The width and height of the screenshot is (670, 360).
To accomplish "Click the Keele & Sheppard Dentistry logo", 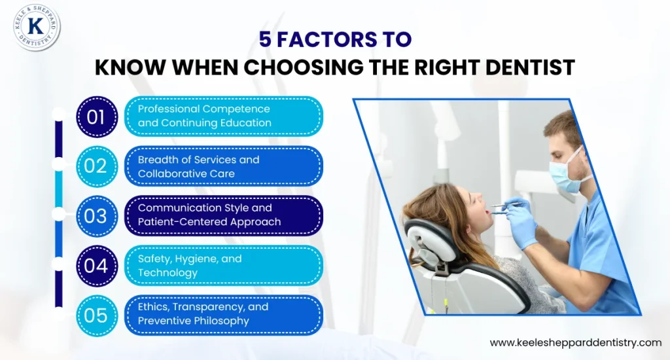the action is [x=37, y=27].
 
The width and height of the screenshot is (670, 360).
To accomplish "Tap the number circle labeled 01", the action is [x=97, y=117].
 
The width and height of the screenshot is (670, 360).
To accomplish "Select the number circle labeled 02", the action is [x=97, y=166].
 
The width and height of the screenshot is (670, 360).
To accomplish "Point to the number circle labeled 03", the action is [x=97, y=217].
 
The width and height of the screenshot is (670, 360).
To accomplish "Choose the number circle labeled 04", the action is [x=97, y=266].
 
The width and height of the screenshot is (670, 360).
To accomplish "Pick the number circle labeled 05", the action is [x=97, y=315].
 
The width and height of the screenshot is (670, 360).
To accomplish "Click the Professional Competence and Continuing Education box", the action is [x=224, y=117].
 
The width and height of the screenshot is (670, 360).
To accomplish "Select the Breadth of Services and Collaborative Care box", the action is [x=224, y=166].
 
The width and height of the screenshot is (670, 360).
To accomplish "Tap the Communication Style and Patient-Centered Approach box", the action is [x=224, y=216].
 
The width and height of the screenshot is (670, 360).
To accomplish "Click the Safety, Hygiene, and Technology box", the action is [x=224, y=266].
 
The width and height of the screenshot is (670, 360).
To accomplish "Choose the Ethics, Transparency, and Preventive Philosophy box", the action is [x=224, y=315].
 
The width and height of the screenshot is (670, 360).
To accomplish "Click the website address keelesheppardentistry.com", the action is [x=576, y=343].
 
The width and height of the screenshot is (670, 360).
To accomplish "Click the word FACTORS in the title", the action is [x=327, y=39].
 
